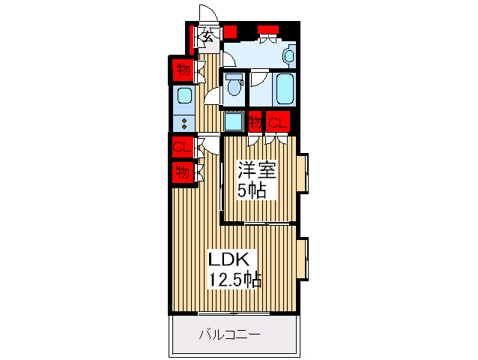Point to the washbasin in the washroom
tap(288, 54)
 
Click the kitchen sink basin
tap(184, 97)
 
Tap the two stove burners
tap(184, 121)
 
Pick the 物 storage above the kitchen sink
tap(182, 70)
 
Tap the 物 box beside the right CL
tap(255, 121)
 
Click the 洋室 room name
tap(257, 169)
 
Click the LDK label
tap(225, 259)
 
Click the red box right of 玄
tap(231, 32)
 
